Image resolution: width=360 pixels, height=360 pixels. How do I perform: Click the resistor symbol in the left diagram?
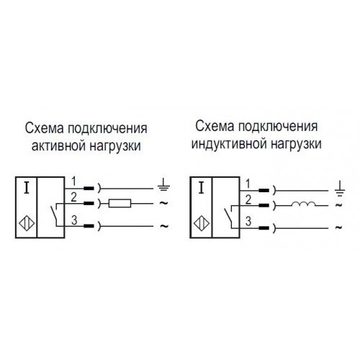pos(120,203)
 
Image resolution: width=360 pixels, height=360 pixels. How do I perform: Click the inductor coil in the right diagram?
pos(304,204)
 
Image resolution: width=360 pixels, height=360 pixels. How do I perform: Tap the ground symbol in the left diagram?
pos(163,184)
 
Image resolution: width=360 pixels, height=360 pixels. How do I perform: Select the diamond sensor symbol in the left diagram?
pos(27,224)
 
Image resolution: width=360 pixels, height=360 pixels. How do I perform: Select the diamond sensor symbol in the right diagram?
pos(202,224)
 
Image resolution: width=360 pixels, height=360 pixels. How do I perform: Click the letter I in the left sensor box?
pos(27,188)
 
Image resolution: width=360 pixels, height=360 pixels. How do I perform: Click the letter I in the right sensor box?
pos(202,188)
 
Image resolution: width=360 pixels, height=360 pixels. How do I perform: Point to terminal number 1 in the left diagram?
pos(73,181)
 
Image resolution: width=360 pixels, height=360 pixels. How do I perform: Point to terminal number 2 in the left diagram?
pos(73,197)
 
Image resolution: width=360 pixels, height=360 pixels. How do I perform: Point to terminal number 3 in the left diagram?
pos(74,220)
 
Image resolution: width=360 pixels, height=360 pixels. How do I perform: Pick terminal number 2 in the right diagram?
pos(248,199)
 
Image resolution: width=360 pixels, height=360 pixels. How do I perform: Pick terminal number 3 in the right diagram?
pos(248,221)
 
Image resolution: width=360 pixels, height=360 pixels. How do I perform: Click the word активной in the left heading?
pos(58,145)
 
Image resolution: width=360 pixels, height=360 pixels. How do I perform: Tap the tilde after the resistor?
pos(163,203)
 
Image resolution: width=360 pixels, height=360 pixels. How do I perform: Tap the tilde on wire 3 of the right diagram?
pos(338,228)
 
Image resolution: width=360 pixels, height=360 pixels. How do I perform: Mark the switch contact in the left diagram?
pos(54,214)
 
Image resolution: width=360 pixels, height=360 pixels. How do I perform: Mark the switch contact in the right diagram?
pos(228,215)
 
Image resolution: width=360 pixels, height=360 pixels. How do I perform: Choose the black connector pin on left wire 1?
pos(89,188)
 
